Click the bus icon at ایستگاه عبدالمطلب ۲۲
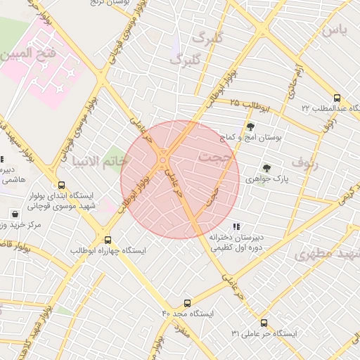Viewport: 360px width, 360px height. (337, 98)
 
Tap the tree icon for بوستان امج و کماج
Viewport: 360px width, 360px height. (250, 127)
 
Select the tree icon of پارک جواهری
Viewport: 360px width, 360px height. (266, 167)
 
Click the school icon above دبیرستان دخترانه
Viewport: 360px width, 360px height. (236, 226)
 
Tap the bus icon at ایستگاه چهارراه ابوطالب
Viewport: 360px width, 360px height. (107, 240)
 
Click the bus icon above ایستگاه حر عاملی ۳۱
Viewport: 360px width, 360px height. (264, 323)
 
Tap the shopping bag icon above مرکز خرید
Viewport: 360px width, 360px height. (15, 213)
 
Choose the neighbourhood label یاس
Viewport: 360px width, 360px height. (334, 31)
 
